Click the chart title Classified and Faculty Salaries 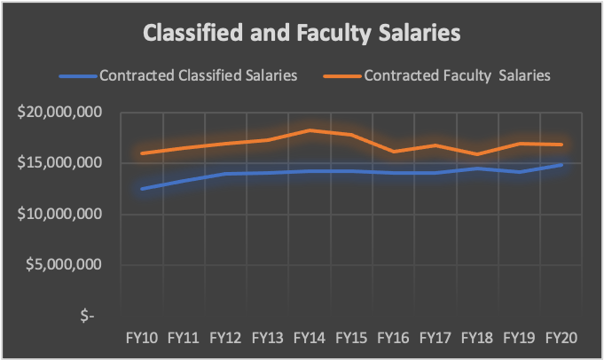point(302,35)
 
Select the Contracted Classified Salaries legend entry point(198,75)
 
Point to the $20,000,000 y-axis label point(67,113)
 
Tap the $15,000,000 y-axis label point(67,163)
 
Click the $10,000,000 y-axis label point(67,214)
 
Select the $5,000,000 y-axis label point(71,264)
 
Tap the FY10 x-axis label point(142,337)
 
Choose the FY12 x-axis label point(226,337)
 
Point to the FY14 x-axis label point(310,337)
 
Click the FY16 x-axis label point(394,337)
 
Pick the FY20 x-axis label point(561,337)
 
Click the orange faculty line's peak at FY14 point(310,130)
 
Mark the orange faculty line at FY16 point(394,152)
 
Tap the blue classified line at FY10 point(142,188)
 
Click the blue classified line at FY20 point(561,165)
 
